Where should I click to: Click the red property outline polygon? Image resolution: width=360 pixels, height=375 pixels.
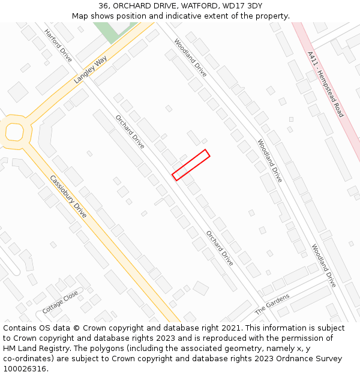(191, 164)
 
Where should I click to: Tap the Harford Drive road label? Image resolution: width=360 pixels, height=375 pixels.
(58, 46)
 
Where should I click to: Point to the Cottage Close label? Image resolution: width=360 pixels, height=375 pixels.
(60, 302)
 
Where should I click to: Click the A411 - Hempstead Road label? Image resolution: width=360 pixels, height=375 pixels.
(325, 84)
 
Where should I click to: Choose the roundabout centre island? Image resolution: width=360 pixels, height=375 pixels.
(14, 131)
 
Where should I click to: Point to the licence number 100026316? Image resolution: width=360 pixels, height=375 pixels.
(25, 369)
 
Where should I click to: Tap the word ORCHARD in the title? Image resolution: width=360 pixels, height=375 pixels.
(136, 5)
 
